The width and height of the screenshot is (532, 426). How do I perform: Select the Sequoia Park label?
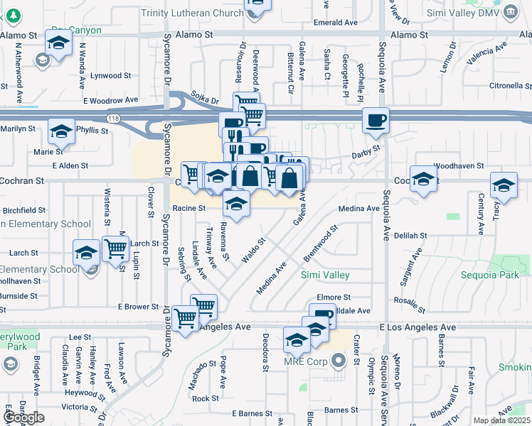click(x=489, y=275)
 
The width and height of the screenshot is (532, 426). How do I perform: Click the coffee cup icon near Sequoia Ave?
click(x=376, y=120)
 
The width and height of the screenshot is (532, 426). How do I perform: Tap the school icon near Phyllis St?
click(x=62, y=131)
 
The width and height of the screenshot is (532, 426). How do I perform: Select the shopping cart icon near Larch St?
click(x=115, y=248)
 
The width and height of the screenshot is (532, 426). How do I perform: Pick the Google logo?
click(x=23, y=417)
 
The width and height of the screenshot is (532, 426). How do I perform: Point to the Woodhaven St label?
click(x=458, y=165)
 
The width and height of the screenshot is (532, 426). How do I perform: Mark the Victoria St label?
click(x=79, y=408)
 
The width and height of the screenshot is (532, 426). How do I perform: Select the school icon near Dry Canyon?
click(x=58, y=43)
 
